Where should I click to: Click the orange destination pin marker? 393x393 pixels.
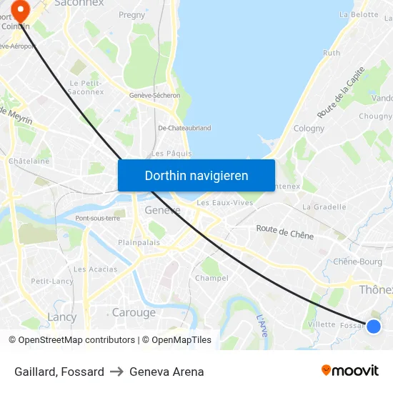[19, 11]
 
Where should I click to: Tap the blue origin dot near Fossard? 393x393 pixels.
[373, 327]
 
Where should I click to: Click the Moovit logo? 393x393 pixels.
[349, 371]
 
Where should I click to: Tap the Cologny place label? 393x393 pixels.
[309, 129]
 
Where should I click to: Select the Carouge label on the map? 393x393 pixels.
[134, 312]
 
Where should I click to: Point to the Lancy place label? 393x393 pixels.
[61, 317]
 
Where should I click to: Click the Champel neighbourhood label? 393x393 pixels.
[212, 278]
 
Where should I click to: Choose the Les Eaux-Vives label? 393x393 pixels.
[224, 202]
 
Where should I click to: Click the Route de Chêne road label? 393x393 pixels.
[285, 232]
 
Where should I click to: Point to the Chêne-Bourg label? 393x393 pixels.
[357, 262]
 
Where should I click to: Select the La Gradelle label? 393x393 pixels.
[324, 207]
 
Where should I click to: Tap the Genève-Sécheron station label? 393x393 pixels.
[154, 95]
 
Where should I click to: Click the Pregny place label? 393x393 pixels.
[131, 14]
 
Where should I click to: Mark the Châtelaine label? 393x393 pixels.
[29, 161]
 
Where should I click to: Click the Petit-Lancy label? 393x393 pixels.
[51, 281]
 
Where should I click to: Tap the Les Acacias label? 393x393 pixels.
[95, 269]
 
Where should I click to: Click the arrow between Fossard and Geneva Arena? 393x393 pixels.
[116, 372]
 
